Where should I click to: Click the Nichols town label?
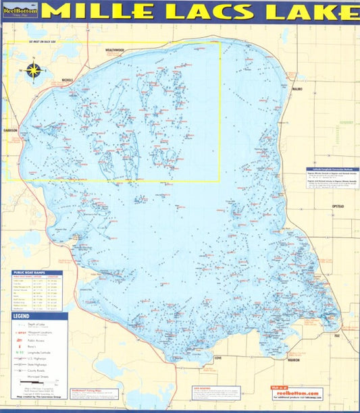tap(67, 80)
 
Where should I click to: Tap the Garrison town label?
tap(10, 129)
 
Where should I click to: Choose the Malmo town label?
tap(299, 88)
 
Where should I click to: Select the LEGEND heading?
tap(22, 316)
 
